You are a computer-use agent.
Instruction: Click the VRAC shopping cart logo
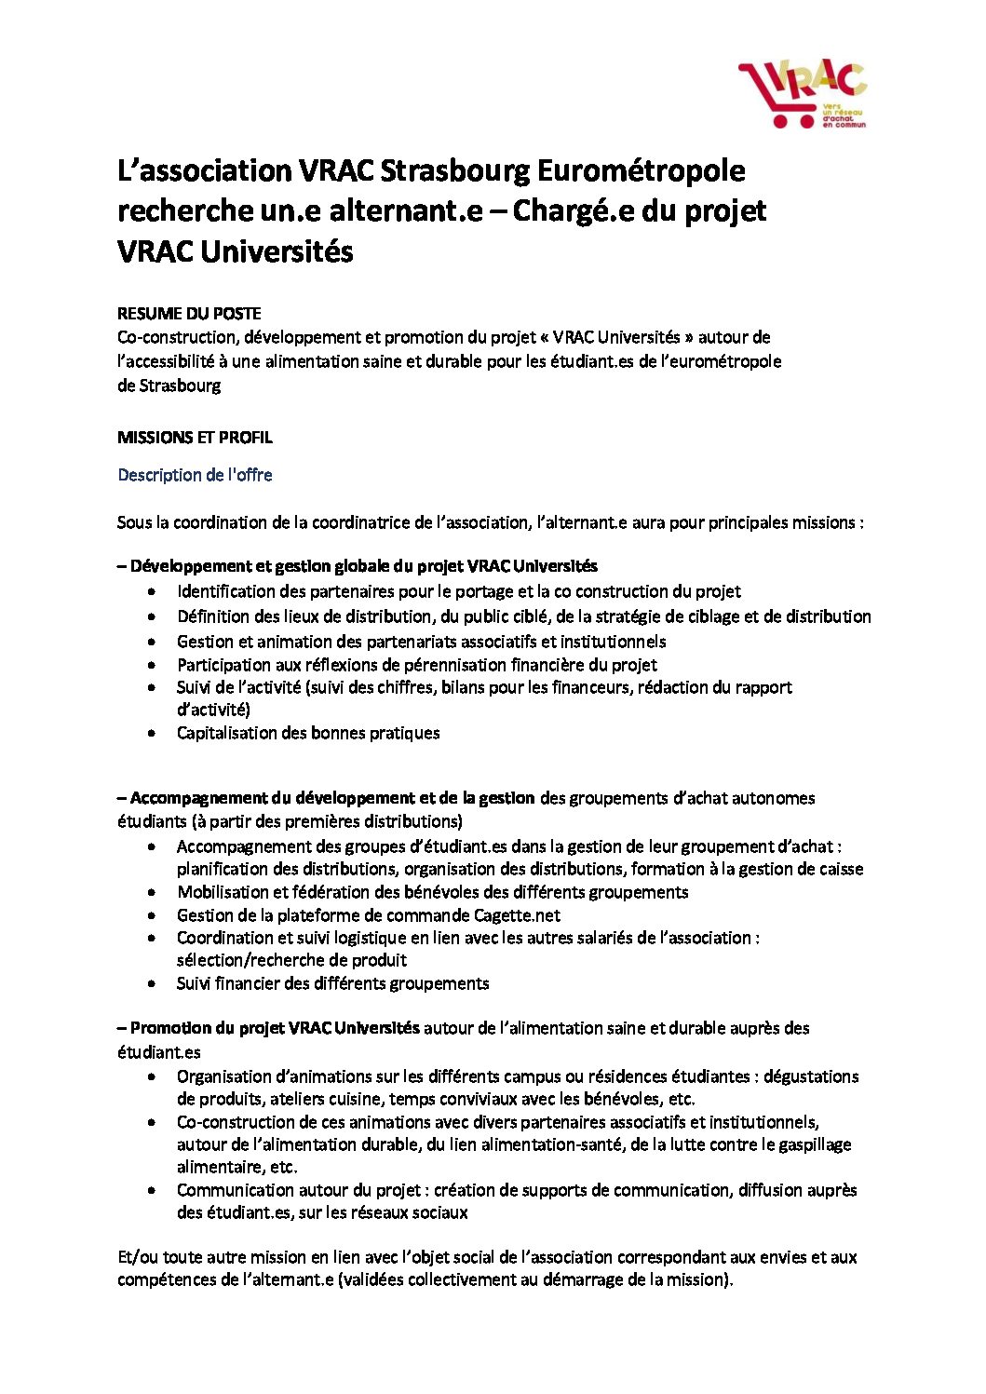point(802,94)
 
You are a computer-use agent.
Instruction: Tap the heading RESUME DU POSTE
point(189,314)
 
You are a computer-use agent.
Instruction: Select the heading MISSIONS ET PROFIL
point(195,438)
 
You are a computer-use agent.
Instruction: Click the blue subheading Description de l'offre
point(195,475)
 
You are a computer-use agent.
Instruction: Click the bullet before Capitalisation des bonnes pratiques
point(152,734)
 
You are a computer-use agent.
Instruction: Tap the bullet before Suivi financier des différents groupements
point(152,984)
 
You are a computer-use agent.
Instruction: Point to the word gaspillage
point(809,1144)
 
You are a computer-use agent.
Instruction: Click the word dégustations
point(811,1076)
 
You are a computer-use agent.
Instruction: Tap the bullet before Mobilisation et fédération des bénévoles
point(152,893)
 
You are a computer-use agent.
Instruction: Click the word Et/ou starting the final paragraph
point(136,1257)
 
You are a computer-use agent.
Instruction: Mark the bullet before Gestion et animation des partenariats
point(152,642)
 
